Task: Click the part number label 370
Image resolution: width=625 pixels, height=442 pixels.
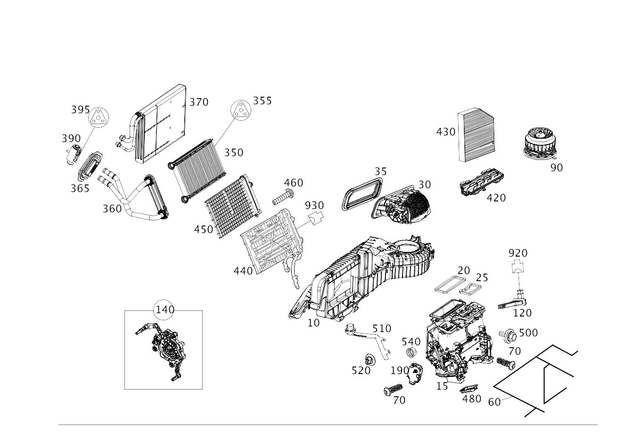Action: pyautogui.click(x=199, y=102)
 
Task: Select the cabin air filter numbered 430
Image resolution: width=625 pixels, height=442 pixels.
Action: pyautogui.click(x=476, y=135)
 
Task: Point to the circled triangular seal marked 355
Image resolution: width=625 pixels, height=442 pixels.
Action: pyautogui.click(x=241, y=110)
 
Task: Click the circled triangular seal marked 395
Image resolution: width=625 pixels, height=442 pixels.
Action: pyautogui.click(x=99, y=117)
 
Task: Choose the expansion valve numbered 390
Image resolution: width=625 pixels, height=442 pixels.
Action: pyautogui.click(x=74, y=154)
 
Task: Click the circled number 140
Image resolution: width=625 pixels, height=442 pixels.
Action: pyautogui.click(x=164, y=309)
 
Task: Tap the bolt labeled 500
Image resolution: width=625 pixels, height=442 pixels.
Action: pyautogui.click(x=508, y=335)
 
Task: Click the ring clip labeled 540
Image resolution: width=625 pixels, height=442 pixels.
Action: pyautogui.click(x=411, y=352)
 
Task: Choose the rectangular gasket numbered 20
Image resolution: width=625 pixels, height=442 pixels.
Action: pyautogui.click(x=450, y=284)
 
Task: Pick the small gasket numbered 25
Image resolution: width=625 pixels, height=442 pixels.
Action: pyautogui.click(x=470, y=289)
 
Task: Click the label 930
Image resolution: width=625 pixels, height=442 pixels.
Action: pyautogui.click(x=314, y=206)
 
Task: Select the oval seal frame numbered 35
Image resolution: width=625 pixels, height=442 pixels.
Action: pyautogui.click(x=362, y=193)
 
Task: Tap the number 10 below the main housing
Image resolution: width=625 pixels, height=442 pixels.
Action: pyautogui.click(x=313, y=323)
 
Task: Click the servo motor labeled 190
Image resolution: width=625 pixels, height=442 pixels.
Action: pyautogui.click(x=415, y=373)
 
